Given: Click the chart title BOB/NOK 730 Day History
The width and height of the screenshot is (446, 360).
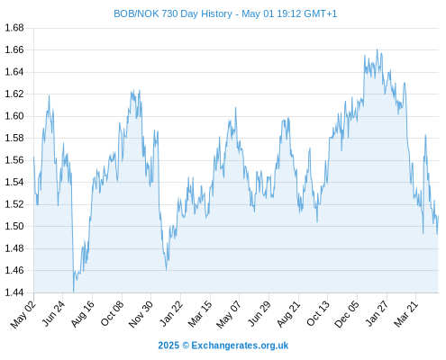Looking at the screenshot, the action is (173, 13).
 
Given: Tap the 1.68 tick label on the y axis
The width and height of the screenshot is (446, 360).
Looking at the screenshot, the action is (14, 28).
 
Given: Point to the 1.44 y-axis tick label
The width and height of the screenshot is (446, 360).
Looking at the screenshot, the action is (14, 292).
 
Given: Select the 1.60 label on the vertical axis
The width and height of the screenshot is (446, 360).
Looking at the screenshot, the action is (14, 116).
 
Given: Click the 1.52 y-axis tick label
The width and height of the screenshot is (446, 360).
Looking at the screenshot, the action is (14, 204).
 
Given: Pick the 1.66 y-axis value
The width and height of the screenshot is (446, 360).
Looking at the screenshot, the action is (14, 49).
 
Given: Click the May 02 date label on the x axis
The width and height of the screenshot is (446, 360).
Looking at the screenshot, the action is (23, 314).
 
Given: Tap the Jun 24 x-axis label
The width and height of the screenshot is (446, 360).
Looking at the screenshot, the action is (52, 314).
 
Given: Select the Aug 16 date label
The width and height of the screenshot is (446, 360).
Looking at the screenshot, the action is (82, 314).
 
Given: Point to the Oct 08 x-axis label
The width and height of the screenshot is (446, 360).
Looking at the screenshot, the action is (112, 314).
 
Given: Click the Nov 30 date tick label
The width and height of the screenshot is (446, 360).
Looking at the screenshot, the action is (141, 314).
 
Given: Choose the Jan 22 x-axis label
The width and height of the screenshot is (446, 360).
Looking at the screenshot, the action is (171, 314).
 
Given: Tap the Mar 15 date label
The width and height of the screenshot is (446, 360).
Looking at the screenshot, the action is (200, 314).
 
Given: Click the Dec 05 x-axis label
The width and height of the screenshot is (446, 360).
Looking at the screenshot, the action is (347, 314).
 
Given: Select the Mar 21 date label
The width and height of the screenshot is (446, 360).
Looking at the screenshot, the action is (405, 314).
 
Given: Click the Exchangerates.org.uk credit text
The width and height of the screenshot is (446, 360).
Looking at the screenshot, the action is (240, 346).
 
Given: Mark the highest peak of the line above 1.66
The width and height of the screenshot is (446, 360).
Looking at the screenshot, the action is (378, 49).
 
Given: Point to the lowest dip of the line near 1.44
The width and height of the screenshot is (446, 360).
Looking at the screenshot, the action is (73, 292).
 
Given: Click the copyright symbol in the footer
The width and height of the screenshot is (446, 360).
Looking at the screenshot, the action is (186, 346).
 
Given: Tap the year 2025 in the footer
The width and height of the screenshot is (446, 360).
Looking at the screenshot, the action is (168, 346).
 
